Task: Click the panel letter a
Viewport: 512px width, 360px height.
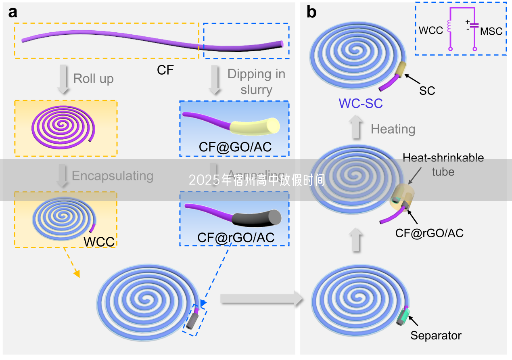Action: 13,13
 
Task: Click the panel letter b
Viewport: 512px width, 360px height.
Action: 311,13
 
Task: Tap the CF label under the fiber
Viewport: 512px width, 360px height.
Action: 165,70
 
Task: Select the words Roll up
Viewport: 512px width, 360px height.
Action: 93,78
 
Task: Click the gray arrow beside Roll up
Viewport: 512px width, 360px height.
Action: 62,79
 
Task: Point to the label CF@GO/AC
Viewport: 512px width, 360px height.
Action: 235,147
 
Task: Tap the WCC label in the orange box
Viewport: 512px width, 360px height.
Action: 99,242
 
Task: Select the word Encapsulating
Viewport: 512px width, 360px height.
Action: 112,176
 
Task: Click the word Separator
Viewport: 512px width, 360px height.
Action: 436,335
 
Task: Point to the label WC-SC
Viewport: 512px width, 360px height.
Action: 361,103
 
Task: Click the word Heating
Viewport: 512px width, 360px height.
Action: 393,129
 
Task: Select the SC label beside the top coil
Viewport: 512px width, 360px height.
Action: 427,90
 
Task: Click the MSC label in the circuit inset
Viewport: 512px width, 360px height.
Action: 491,31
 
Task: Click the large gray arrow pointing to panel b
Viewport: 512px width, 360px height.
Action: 261,299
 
